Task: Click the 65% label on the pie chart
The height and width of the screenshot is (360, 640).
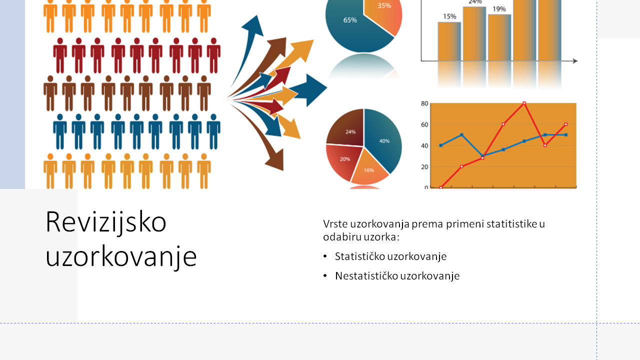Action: (x=350, y=20)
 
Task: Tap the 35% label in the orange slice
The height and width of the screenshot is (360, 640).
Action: (x=384, y=5)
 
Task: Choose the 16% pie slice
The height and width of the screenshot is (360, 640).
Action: (x=368, y=168)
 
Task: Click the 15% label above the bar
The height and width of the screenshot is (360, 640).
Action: (x=449, y=16)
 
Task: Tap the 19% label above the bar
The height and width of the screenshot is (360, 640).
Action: (x=499, y=9)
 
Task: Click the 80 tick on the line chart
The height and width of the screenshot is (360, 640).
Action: (x=424, y=103)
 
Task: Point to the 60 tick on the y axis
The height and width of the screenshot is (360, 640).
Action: (x=424, y=124)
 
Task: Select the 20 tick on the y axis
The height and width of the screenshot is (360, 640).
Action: (x=424, y=167)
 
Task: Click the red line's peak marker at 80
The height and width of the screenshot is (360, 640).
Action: (x=524, y=103)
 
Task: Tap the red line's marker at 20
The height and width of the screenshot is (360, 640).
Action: (x=461, y=166)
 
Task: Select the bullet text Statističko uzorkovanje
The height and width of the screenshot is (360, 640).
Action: (x=390, y=256)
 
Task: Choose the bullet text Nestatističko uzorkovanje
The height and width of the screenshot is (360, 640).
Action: (x=397, y=276)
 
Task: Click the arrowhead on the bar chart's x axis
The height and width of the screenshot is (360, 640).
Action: (x=575, y=61)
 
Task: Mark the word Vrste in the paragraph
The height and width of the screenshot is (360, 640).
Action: (x=335, y=224)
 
